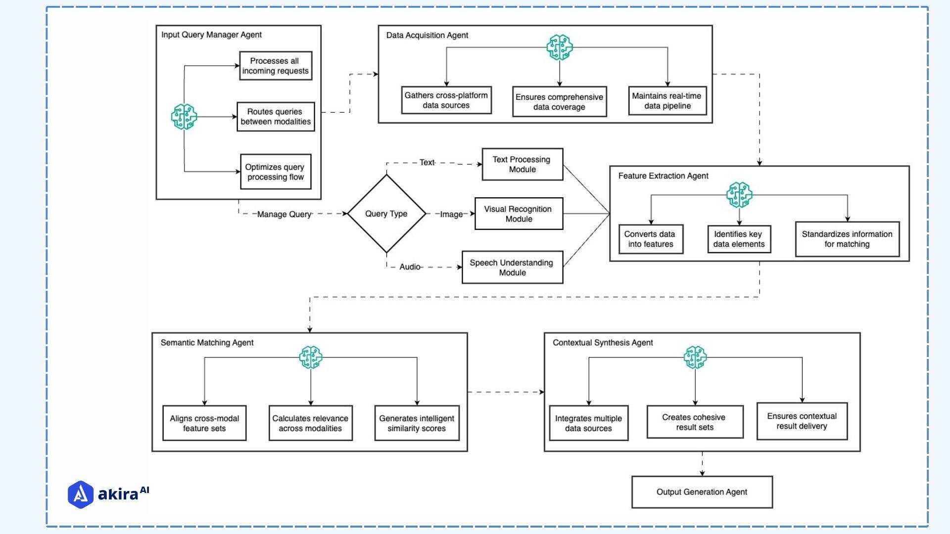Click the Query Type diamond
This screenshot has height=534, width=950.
pyautogui.click(x=386, y=214)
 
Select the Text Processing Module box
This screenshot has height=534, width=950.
pyautogui.click(x=522, y=164)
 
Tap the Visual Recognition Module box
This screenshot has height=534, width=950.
pyautogui.click(x=519, y=214)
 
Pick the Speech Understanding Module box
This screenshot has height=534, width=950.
pyautogui.click(x=512, y=267)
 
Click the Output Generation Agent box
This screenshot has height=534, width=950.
pyautogui.click(x=702, y=492)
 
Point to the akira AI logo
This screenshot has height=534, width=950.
pyautogui.click(x=108, y=494)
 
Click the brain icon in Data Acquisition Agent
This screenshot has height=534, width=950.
pyautogui.click(x=559, y=47)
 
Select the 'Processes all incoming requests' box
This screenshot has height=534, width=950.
pyautogui.click(x=275, y=66)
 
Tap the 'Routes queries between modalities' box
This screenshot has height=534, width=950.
pyautogui.click(x=275, y=117)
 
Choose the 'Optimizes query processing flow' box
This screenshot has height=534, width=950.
pyautogui.click(x=275, y=172)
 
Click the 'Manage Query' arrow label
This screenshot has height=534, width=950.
pyautogui.click(x=284, y=214)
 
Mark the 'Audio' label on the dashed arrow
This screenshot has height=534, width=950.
pyautogui.click(x=410, y=267)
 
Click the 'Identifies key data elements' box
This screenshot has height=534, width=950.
pyautogui.click(x=739, y=239)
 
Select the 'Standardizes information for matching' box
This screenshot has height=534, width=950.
pyautogui.click(x=847, y=239)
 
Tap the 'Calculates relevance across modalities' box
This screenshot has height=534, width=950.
pyautogui.click(x=310, y=423)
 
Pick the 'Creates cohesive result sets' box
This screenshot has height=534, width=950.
pyautogui.click(x=695, y=422)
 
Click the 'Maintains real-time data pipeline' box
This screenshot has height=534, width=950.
pyautogui.click(x=667, y=101)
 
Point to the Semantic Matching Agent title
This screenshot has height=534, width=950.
pyautogui.click(x=207, y=343)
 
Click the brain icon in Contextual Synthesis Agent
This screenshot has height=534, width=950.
pyautogui.click(x=695, y=357)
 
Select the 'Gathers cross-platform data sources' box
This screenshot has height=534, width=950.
pyautogui.click(x=446, y=100)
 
